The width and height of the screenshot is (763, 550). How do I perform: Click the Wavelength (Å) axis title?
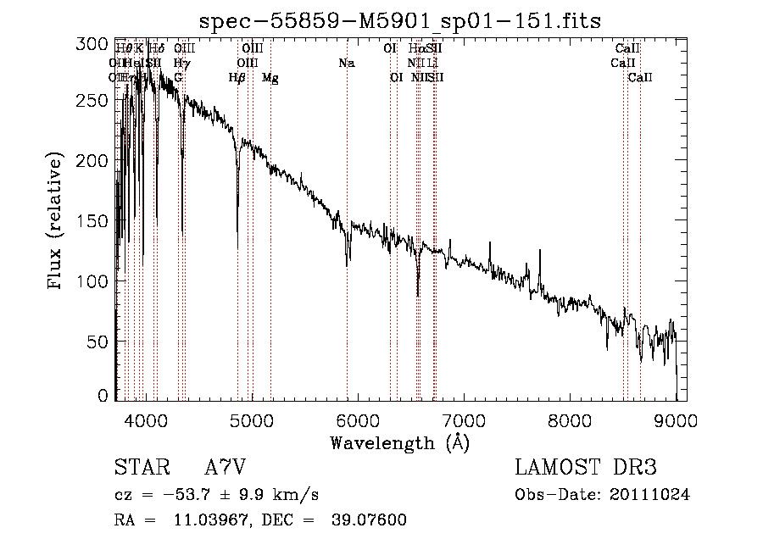399,442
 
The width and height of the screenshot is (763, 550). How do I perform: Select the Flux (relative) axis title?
57,221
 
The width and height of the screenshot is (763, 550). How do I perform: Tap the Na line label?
346,64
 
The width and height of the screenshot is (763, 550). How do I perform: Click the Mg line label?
270,78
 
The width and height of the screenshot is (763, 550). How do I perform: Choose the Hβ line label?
237,78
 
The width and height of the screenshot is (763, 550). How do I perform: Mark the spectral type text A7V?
226,468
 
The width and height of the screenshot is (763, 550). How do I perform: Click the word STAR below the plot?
138,468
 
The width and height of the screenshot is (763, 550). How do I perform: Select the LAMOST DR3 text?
586,468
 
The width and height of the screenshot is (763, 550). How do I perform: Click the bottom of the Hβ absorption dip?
237,247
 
